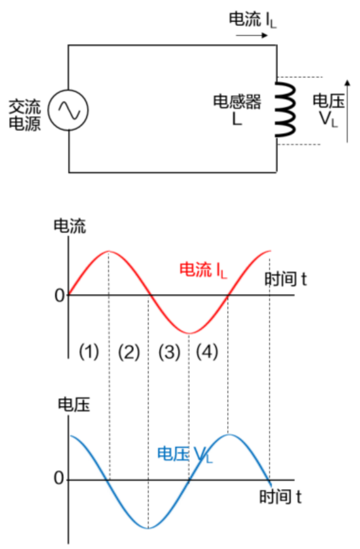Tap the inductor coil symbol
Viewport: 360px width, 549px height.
(x=285, y=109)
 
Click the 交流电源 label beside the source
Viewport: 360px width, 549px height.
(x=25, y=115)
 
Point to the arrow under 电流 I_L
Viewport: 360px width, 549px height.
(x=252, y=35)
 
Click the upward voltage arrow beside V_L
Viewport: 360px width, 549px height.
(x=347, y=111)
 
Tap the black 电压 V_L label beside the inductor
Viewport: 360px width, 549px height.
(x=328, y=110)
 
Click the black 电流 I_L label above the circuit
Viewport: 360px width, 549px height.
(x=253, y=20)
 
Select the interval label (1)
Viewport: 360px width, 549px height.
(x=88, y=351)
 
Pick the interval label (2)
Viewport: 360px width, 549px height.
(x=129, y=352)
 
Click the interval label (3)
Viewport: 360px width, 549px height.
(x=169, y=352)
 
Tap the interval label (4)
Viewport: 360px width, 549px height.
(x=207, y=351)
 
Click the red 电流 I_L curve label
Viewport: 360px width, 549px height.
(x=203, y=270)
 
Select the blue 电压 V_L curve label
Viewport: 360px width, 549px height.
(x=184, y=454)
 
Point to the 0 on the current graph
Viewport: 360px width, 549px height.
(x=59, y=296)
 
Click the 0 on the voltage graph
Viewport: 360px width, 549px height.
(x=59, y=478)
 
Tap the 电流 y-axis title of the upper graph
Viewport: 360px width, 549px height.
(x=69, y=226)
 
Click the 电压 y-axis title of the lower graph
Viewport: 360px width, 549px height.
(x=74, y=404)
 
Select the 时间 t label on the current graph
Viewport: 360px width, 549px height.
(x=285, y=279)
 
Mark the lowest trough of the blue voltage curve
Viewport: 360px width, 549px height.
(x=148, y=528)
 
